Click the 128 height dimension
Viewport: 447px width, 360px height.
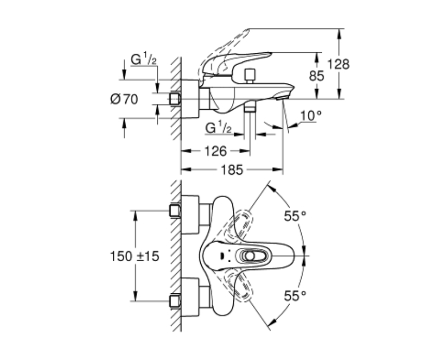(x=338, y=64)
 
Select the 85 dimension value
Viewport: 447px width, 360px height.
(x=317, y=76)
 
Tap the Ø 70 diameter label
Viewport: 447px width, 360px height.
(x=124, y=99)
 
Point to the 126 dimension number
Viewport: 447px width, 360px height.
(x=216, y=151)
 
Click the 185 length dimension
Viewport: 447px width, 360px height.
(x=232, y=170)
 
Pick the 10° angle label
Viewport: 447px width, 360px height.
(x=311, y=116)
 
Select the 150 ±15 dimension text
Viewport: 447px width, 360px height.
(x=135, y=256)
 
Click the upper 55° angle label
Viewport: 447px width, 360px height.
(x=295, y=216)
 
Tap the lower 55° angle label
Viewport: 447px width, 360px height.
(x=295, y=296)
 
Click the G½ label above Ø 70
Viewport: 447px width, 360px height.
(x=144, y=59)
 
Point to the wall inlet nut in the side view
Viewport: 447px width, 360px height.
(x=175, y=99)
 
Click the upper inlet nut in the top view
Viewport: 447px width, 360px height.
(x=175, y=211)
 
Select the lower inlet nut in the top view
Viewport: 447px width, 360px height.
(x=175, y=301)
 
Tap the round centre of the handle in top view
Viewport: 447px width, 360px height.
(x=250, y=256)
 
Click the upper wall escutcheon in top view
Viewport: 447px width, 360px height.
(x=190, y=215)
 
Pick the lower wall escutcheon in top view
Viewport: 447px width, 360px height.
(x=190, y=297)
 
